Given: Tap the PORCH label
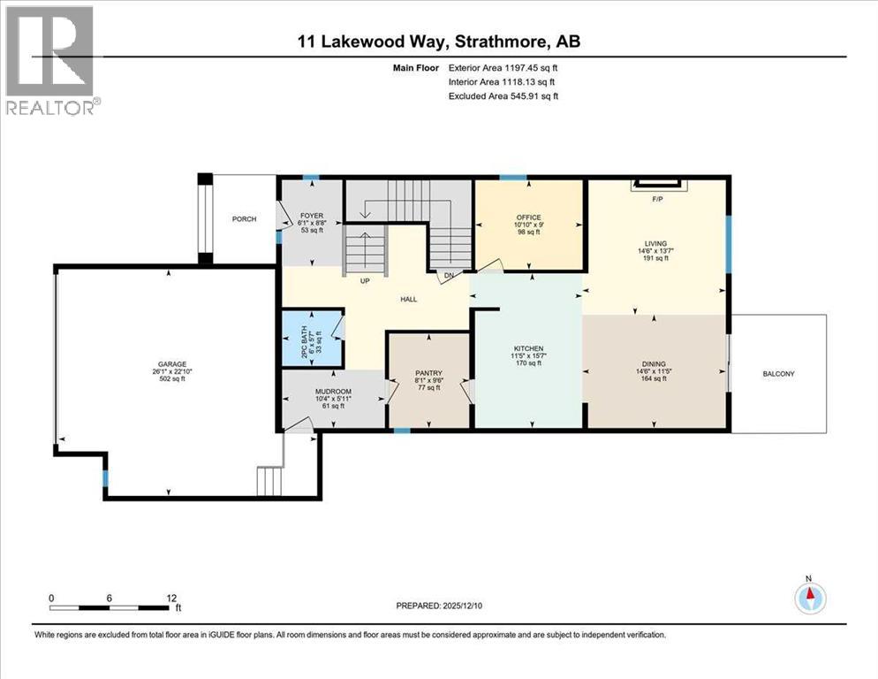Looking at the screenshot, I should point(244,219).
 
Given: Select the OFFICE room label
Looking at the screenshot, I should point(528,217).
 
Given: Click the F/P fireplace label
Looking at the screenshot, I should point(656,200).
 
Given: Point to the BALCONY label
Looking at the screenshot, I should point(778,374).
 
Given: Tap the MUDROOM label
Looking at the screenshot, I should point(333,391).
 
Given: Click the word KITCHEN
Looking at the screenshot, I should point(527,349).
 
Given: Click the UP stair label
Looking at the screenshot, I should point(364,281).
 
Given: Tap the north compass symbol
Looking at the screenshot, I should point(808,599).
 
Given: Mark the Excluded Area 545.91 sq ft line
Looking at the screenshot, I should point(503,95).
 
